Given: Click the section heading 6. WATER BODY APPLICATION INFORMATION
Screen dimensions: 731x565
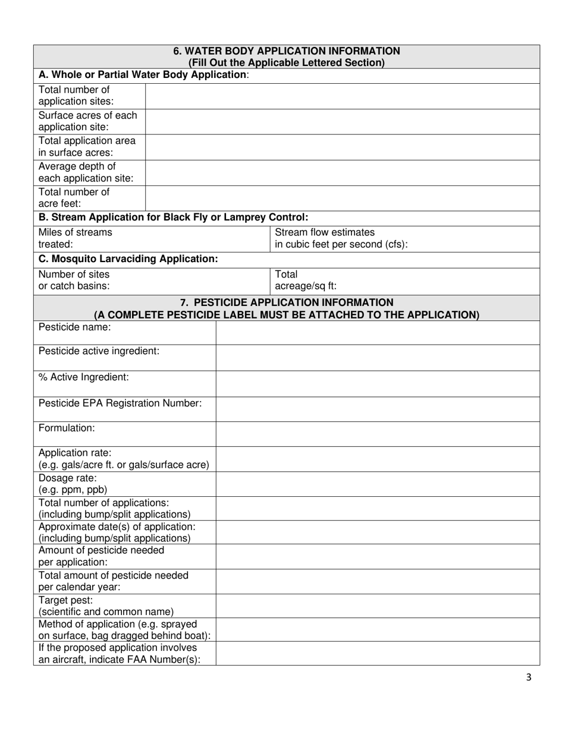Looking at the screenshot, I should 286,51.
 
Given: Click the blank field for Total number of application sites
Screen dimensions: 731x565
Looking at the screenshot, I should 342,96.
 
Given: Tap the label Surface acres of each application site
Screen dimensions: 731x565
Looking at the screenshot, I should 87,121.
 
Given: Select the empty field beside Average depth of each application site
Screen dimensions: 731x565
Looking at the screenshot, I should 342,173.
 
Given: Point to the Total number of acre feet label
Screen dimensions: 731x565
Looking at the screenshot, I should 74,198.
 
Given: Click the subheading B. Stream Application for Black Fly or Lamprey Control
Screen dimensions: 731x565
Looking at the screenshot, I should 173,218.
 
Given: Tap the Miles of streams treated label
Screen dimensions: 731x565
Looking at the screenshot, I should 75,238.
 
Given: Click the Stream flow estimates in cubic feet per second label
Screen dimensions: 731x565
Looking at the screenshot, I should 341,238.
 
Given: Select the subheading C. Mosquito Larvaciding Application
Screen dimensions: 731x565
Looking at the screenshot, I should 128,259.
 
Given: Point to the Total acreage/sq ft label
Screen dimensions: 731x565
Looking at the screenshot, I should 305,280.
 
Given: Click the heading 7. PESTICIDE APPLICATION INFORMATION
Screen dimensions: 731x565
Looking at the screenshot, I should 286,303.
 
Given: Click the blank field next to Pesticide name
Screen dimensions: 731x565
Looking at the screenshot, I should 377,333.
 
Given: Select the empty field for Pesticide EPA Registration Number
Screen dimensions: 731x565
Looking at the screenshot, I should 377,409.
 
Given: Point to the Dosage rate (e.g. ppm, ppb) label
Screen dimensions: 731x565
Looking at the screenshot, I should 73,484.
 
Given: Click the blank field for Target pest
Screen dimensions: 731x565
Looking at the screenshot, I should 377,606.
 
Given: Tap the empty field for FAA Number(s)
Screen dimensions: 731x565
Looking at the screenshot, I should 377,653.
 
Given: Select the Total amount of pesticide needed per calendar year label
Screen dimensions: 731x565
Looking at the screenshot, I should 113,581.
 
